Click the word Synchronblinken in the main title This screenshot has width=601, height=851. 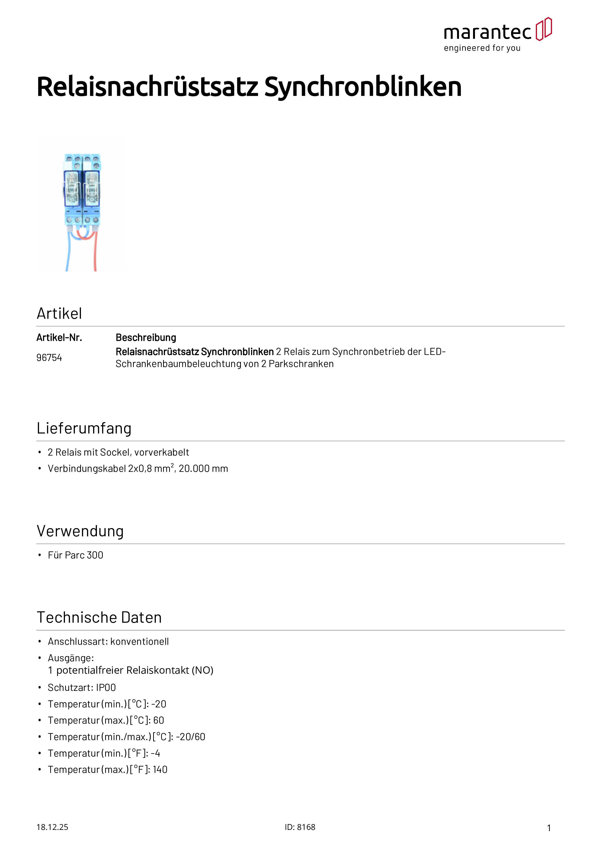tap(363, 87)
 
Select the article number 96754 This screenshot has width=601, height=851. tap(49, 357)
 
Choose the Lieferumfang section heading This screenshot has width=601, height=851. tap(84, 428)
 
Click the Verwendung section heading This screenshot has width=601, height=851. tap(80, 531)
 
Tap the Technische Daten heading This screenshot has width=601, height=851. tap(99, 617)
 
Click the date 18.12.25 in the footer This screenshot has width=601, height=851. tap(52, 827)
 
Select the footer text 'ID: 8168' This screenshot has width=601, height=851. tap(300, 827)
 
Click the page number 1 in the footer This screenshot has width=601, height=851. tap(549, 828)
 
